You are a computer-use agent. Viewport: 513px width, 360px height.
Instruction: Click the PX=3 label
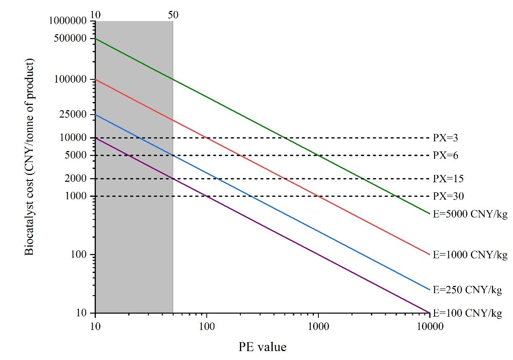click(445, 138)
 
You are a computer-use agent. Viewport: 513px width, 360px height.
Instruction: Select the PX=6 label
click(445, 156)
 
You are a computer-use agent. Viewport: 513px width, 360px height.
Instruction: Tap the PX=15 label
click(448, 179)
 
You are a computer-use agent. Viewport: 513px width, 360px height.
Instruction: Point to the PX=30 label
click(448, 196)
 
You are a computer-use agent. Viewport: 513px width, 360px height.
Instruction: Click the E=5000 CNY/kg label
click(470, 214)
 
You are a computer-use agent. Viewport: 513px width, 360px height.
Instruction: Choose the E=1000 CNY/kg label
click(470, 255)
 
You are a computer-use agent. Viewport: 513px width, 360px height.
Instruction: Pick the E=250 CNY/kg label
click(467, 290)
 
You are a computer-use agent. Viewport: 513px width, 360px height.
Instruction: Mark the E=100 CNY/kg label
click(467, 313)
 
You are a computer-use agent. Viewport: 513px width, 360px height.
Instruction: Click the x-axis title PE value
click(262, 347)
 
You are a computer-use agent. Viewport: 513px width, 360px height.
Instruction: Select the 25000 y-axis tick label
click(76, 115)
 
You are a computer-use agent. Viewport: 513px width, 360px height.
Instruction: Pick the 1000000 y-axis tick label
click(70, 21)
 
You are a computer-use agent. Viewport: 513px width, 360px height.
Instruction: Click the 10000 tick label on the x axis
click(429, 326)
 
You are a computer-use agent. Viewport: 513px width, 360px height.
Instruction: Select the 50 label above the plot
click(173, 15)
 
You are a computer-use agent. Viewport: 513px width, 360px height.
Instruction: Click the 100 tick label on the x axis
click(207, 326)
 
